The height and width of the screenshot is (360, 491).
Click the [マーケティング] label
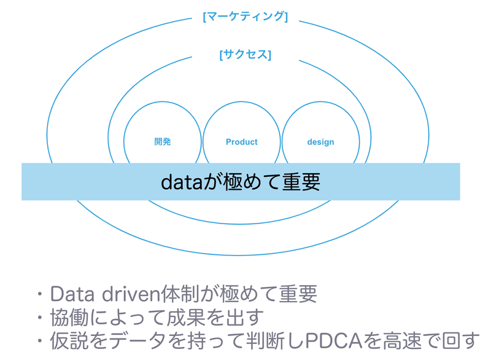click(245, 17)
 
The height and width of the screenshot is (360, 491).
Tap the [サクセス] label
click(245, 55)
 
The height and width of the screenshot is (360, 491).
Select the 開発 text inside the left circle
click(163, 142)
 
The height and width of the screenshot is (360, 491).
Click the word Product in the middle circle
click(241, 142)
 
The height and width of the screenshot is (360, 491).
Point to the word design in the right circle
click(320, 142)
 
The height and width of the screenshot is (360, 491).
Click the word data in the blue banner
click(182, 182)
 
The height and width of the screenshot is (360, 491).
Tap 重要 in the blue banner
click(301, 182)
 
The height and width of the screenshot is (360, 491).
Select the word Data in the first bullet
click(72, 294)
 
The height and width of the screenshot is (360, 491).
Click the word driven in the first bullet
click(131, 294)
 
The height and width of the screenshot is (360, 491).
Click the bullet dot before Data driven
click(40, 294)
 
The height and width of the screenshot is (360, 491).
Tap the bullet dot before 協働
click(40, 318)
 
